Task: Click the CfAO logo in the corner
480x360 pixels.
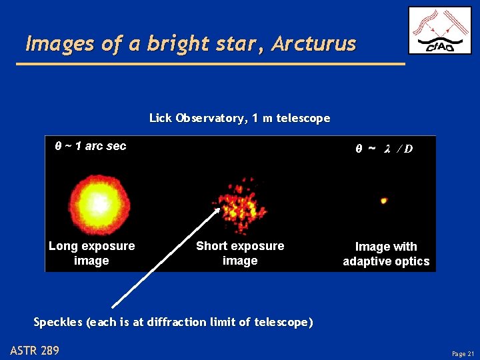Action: tap(439, 30)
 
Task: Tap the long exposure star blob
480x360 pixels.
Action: tap(99, 202)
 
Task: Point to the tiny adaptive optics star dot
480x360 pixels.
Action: tap(384, 200)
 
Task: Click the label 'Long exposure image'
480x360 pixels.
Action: tap(91, 253)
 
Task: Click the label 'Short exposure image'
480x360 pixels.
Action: tap(240, 253)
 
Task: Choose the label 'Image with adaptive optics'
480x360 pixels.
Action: tap(386, 254)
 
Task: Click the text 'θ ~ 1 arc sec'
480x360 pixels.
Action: tap(90, 146)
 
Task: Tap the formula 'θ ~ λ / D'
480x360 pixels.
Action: tap(383, 148)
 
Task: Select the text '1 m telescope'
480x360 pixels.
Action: tap(291, 118)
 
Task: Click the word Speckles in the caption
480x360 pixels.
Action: tap(58, 322)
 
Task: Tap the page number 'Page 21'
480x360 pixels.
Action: tap(462, 353)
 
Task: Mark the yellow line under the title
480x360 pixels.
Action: tap(210, 63)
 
